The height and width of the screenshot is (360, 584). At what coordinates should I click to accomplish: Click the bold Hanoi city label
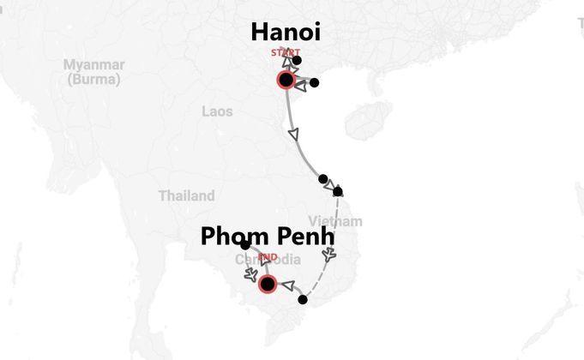[286, 33]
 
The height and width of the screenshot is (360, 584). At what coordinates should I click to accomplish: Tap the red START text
[286, 53]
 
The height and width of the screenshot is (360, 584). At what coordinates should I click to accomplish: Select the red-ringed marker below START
[286, 81]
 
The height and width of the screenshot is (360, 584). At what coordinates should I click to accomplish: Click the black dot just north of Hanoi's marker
[297, 61]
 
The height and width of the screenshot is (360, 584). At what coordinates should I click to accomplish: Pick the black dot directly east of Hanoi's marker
[314, 83]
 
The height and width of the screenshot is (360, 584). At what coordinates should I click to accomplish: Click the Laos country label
[217, 111]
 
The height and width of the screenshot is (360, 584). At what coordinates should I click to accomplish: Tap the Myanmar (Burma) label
[94, 72]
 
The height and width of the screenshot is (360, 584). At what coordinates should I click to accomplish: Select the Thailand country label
[186, 195]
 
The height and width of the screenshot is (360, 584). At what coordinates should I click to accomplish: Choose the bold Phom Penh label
[267, 237]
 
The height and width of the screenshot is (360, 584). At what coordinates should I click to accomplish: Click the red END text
[268, 256]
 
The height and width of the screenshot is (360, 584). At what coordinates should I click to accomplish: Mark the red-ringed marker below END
[268, 284]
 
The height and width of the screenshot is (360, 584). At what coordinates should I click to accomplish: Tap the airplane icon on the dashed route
[330, 255]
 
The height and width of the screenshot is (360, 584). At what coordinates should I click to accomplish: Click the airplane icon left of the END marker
[250, 274]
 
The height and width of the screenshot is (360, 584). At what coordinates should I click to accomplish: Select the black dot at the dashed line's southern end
[302, 300]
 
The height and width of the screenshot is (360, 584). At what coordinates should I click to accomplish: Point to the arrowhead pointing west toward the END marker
[287, 285]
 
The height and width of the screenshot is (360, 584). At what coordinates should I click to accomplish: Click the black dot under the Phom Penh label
[245, 246]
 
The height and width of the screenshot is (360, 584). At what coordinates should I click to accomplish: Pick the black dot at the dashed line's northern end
[338, 191]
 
